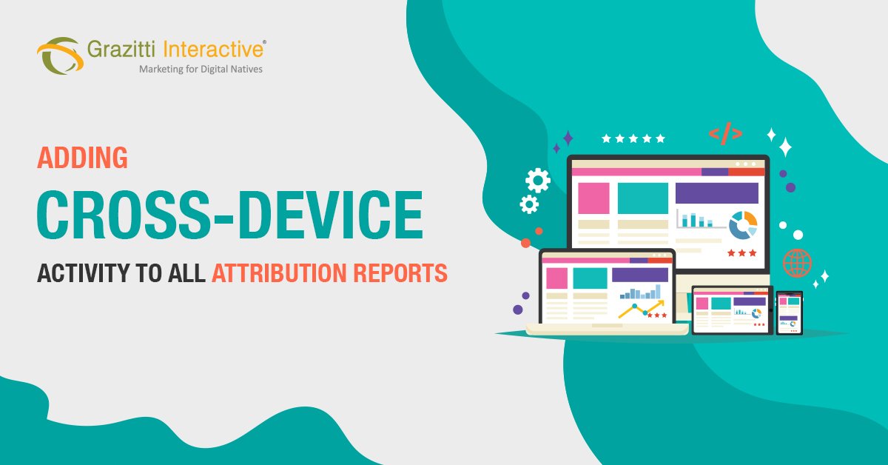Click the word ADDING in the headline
[82, 158]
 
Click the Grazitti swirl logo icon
[58, 56]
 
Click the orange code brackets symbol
[725, 134]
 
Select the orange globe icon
[797, 263]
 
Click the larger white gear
[537, 180]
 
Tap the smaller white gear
[529, 204]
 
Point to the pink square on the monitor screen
[593, 198]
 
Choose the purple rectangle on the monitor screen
[716, 193]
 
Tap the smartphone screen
[789, 312]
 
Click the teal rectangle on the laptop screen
[590, 278]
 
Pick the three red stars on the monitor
[741, 252]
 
